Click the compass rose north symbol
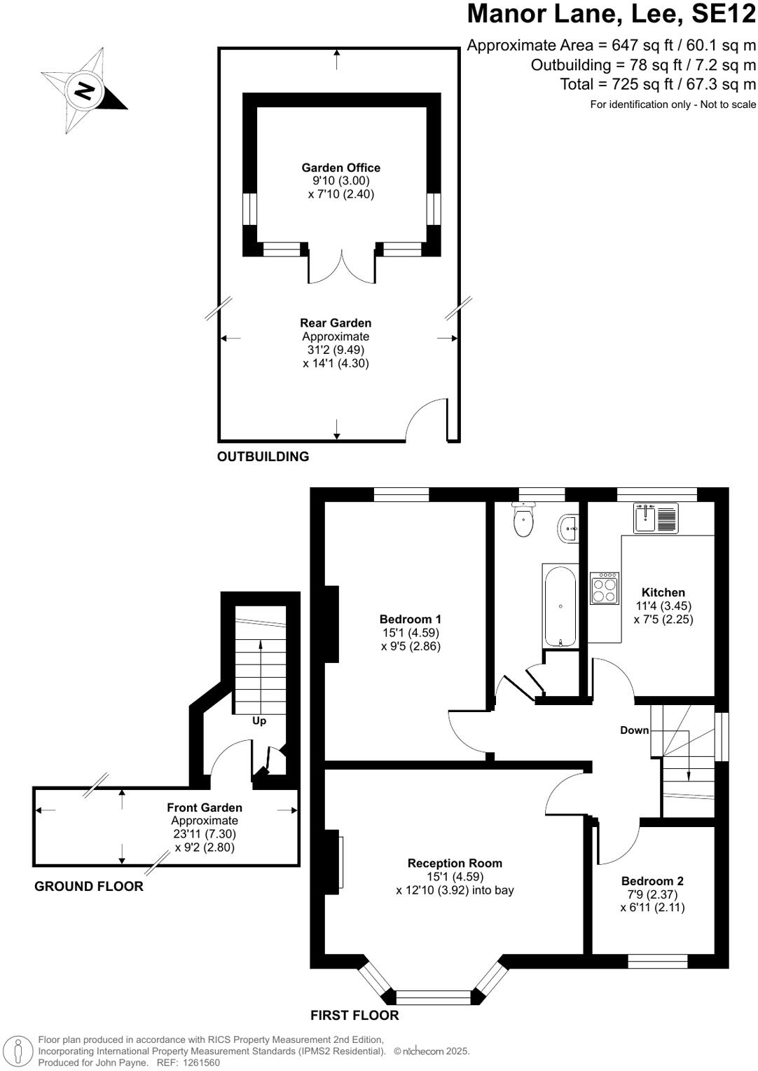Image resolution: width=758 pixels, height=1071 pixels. point(85,91)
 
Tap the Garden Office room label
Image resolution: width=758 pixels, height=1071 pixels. point(340,168)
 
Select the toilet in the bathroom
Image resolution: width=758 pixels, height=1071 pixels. point(523,520)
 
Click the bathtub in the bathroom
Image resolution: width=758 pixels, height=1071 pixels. point(560,606)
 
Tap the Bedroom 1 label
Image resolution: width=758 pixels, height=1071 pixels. point(410,619)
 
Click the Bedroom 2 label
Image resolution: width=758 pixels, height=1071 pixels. point(652,881)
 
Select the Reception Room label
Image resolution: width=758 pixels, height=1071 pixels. point(455,864)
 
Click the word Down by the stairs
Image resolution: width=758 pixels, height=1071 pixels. point(634,730)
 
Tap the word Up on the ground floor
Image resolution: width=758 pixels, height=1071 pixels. point(259,721)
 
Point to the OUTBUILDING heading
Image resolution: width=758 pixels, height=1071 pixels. point(263,457)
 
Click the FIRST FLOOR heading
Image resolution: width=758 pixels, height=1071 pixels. point(354,1016)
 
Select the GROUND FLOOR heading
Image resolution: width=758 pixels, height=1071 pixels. point(89,887)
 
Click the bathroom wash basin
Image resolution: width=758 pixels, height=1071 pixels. point(570,528)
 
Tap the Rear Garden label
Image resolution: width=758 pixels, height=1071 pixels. point(336,323)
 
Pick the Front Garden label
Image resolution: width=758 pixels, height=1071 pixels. point(205,808)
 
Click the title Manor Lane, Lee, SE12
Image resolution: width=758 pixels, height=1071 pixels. point(611,14)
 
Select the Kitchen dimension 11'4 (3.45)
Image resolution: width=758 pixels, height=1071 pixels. point(663,606)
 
